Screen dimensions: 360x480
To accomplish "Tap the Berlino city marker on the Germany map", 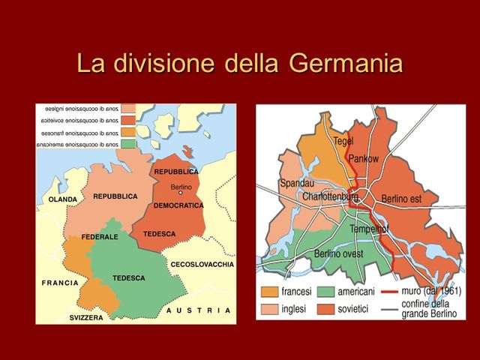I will (180, 193).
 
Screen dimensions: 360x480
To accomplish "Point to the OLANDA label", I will (62, 200).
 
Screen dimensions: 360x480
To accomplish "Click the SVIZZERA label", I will (87, 318).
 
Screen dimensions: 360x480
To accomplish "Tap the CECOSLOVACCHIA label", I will (202, 265).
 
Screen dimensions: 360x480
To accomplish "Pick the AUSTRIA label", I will (199, 310).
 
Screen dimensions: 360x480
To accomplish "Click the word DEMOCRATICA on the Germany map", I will (178, 205).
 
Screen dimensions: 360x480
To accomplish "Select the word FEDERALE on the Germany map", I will (101, 237).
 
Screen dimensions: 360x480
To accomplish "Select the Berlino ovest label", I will (339, 253).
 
